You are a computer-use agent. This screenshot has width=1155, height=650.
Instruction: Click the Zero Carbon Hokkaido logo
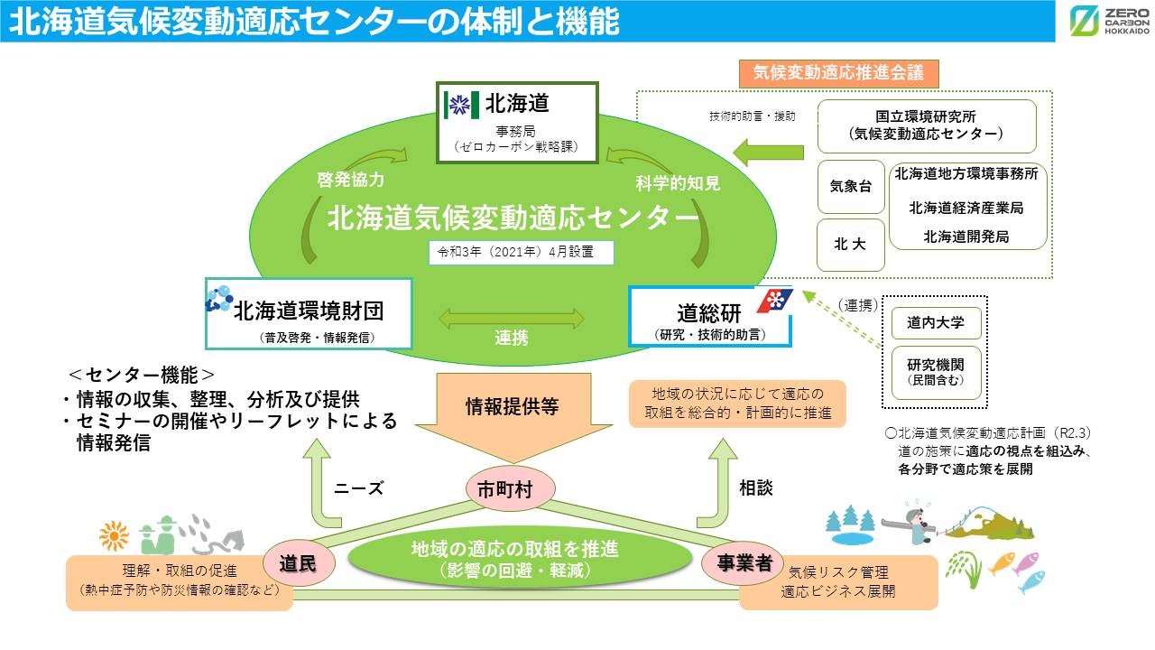point(1109,22)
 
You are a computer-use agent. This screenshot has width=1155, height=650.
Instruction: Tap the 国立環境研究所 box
point(927,126)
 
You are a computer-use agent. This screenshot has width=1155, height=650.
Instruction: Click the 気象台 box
point(850,187)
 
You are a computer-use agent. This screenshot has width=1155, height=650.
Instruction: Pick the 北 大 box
point(850,244)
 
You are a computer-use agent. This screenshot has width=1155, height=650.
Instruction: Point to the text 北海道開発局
point(966,237)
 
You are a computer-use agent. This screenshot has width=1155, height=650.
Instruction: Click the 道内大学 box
point(936,322)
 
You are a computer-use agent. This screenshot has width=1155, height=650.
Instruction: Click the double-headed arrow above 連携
point(512,318)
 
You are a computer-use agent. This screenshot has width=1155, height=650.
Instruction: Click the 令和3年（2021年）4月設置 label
point(521,252)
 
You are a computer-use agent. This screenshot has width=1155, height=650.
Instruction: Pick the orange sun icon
point(115,536)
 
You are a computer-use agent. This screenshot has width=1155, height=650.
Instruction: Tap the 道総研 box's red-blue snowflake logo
point(773,301)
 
